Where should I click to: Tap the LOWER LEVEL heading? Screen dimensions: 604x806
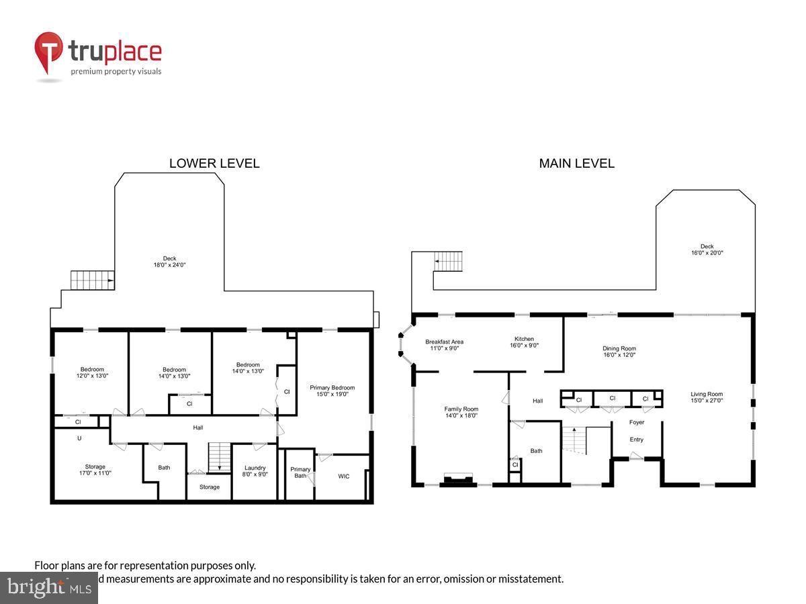214,163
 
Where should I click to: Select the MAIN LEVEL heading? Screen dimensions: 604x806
576,163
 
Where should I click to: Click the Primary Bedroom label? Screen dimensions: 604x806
332,391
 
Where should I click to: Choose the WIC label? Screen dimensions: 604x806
343,476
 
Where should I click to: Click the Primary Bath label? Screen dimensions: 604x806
300,472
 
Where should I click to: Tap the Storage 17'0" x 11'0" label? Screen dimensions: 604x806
95,470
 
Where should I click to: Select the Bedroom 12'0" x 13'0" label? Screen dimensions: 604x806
92,372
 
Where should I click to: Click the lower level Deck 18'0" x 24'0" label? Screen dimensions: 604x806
169,262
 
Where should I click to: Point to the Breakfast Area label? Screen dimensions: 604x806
444,345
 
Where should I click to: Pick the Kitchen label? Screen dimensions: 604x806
524,342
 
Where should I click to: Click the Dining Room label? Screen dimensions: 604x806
619,352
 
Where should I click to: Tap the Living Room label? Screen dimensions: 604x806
707,397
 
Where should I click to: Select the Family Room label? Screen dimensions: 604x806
461,412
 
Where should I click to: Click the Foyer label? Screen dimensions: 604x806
636,422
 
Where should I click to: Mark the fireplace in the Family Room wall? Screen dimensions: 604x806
458,479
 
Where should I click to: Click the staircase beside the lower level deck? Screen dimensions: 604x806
92,280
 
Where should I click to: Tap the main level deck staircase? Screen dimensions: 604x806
448,261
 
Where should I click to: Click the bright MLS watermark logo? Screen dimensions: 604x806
48,588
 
